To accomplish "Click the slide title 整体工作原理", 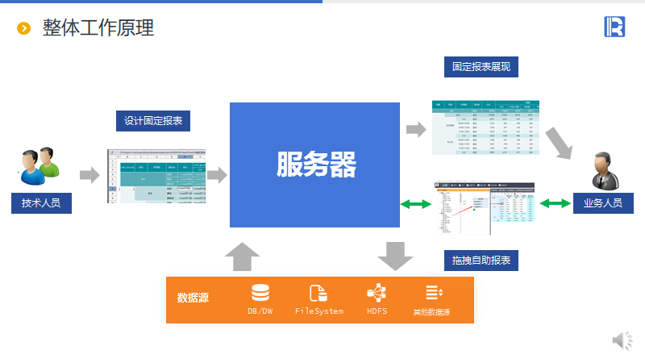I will tap(98, 28).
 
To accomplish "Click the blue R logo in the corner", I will tap(614, 27).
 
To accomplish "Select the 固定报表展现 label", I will tap(481, 67).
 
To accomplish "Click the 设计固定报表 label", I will tap(153, 121).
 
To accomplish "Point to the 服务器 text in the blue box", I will tap(315, 165).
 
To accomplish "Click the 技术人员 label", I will tap(41, 203).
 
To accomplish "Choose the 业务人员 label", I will tap(603, 203).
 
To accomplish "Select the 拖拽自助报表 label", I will tap(481, 261).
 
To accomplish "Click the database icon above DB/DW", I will tap(260, 293).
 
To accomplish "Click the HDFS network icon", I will tap(377, 293).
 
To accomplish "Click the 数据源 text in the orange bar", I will tap(193, 298).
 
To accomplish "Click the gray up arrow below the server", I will tap(242, 258).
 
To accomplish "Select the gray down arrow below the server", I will tap(395, 257).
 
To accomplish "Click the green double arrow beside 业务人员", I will tap(556, 204).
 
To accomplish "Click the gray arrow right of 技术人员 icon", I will tap(89, 173).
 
